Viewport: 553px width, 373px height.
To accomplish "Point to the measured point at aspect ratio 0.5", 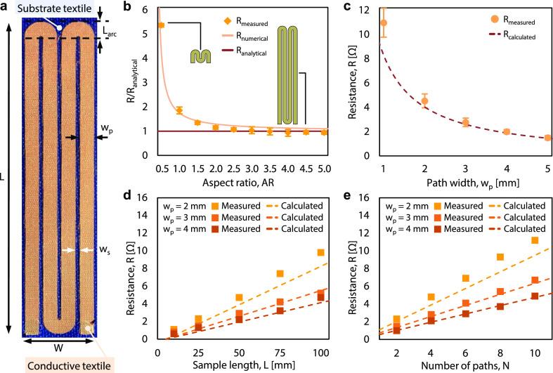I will tap(161, 25).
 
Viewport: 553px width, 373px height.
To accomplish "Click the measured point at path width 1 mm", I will tap(384, 22).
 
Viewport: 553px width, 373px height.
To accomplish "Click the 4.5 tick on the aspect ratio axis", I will tap(306, 169).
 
